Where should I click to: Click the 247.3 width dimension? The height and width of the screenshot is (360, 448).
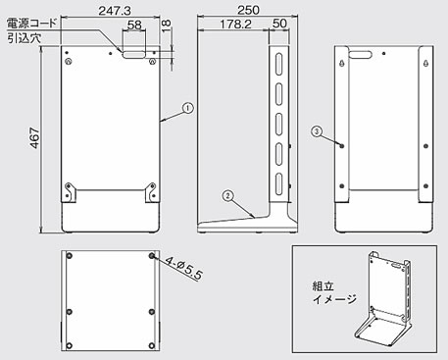115,11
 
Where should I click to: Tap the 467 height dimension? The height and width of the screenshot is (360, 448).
34,139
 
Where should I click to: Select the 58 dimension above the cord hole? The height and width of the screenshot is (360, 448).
134,25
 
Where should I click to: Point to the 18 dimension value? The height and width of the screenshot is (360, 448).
167,26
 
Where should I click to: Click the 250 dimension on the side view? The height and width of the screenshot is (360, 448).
248,10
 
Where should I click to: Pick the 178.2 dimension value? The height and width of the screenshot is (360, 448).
235,24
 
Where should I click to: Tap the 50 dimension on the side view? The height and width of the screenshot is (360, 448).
279,24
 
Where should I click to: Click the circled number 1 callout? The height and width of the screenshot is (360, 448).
188,108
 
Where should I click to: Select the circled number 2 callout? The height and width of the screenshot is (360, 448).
227,196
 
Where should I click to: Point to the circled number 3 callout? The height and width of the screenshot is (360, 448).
317,131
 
